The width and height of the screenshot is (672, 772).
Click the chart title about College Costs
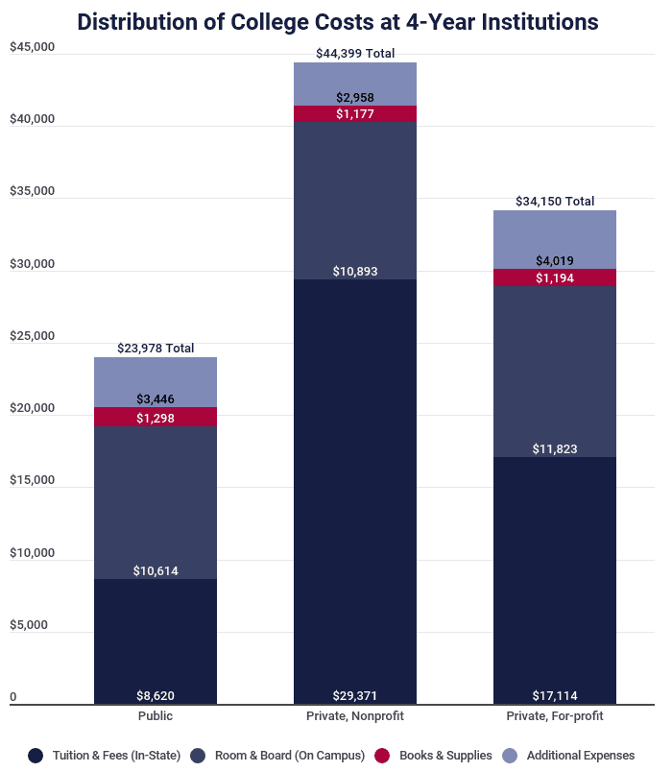tap(337, 21)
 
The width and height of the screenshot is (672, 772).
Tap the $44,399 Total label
tap(355, 54)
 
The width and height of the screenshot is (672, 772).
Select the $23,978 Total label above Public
tap(156, 349)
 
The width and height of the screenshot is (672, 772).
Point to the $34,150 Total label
tap(555, 202)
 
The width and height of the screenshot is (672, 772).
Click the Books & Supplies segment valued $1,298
tap(156, 418)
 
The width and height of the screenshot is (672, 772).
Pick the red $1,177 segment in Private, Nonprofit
tap(355, 114)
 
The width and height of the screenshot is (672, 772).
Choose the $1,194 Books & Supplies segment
tap(555, 277)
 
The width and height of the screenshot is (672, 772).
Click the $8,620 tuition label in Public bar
tap(156, 695)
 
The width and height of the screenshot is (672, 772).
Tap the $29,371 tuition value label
tap(355, 695)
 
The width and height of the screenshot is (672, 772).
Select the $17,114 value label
tap(555, 695)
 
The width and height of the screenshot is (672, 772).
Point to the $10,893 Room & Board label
tap(355, 272)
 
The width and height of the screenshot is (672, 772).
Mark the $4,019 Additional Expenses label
tap(555, 260)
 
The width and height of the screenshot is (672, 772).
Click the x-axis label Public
tap(156, 716)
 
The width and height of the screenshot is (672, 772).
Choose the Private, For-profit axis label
tap(555, 716)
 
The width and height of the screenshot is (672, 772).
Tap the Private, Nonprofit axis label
tap(355, 716)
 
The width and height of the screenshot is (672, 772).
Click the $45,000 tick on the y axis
tap(33, 47)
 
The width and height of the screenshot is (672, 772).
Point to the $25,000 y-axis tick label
tap(33, 336)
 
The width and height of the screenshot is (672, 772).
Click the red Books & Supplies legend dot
tap(386, 756)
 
